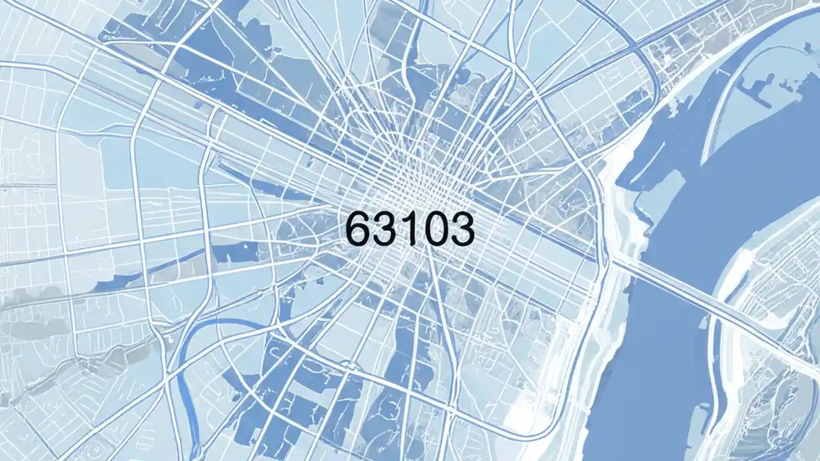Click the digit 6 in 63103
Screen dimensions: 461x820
click(x=359, y=229)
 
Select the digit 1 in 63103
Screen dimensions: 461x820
click(x=406, y=229)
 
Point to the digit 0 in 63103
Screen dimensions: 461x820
click(x=431, y=229)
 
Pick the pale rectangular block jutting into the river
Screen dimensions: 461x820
click(x=647, y=192)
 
